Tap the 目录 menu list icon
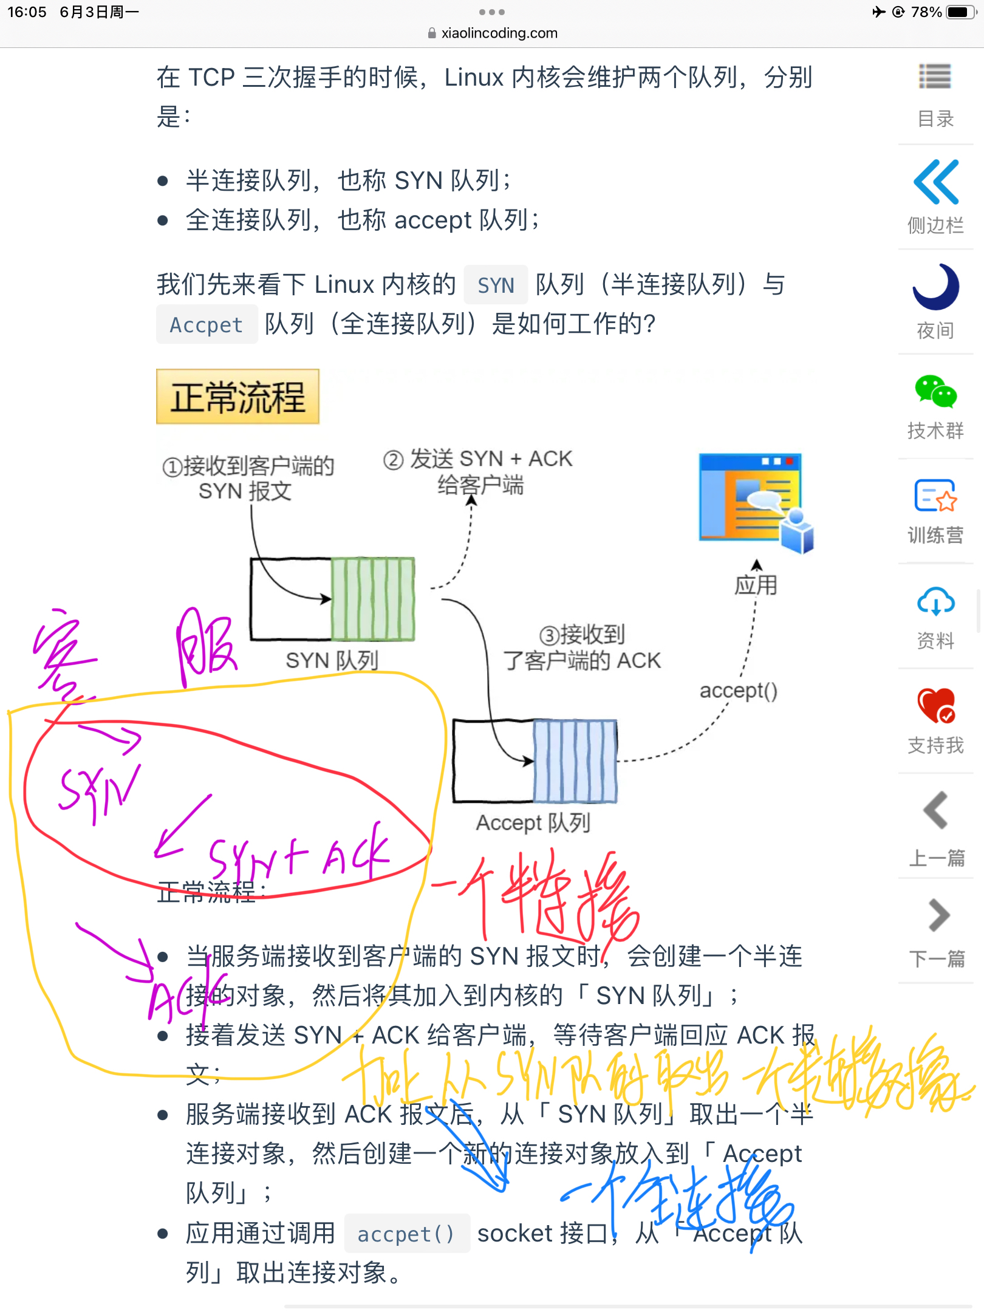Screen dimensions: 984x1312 [x=935, y=77]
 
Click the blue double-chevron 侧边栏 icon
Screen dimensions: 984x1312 [x=936, y=182]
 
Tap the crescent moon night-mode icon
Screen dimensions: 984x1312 [x=935, y=287]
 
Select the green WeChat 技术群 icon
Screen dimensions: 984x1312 [x=935, y=392]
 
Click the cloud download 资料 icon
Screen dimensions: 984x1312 [x=935, y=602]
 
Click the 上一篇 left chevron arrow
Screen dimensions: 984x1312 [x=936, y=810]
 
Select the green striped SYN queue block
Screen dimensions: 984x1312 [x=372, y=599]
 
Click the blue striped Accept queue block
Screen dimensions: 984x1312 [x=575, y=761]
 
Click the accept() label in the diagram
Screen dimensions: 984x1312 [x=738, y=691]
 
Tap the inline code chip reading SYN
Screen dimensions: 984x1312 [x=496, y=285]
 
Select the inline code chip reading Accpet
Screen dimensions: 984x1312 [x=207, y=324]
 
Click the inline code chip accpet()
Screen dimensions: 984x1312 [x=406, y=1234]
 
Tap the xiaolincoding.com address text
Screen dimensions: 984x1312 [x=499, y=33]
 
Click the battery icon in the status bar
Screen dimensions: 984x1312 [x=961, y=12]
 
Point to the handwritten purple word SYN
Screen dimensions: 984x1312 [x=97, y=790]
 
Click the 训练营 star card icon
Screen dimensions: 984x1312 [x=935, y=497]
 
